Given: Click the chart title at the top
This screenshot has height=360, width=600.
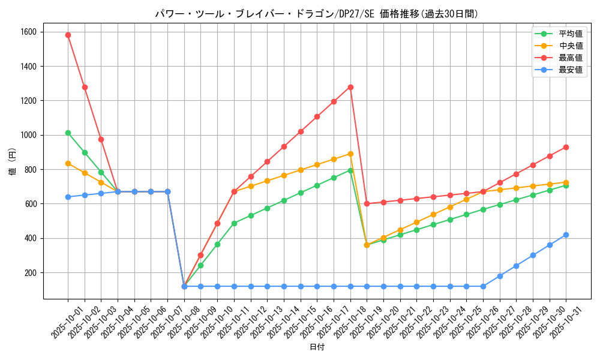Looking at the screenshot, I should (317, 14).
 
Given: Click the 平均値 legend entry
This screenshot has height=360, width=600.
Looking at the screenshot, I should (558, 34).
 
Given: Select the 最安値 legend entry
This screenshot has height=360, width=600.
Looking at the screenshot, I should (558, 70).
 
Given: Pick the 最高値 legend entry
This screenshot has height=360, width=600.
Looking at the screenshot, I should (558, 58).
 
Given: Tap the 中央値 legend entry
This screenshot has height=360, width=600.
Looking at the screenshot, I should (558, 46).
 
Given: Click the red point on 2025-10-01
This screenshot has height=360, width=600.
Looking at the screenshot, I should (68, 35).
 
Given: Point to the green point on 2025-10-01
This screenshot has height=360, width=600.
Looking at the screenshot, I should (68, 133).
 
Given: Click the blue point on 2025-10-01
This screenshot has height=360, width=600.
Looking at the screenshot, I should (68, 197).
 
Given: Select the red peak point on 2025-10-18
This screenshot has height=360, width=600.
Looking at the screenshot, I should (350, 87).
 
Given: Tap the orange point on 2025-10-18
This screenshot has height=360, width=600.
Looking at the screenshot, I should (350, 154).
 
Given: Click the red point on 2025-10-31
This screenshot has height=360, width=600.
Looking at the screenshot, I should (566, 147).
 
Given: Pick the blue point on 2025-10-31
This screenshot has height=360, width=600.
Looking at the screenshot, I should (566, 235).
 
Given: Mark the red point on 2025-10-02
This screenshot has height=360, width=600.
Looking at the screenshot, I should (85, 87).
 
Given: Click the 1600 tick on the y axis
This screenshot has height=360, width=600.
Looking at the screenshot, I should (28, 32).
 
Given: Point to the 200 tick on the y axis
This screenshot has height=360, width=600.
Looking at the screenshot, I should (30, 272).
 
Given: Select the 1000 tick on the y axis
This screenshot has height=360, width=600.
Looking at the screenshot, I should (28, 135).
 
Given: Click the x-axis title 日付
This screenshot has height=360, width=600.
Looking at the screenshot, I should (317, 347).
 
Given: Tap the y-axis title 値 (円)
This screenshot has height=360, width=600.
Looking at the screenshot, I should (13, 163).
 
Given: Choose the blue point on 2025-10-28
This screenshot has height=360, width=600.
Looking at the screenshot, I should (516, 266).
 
